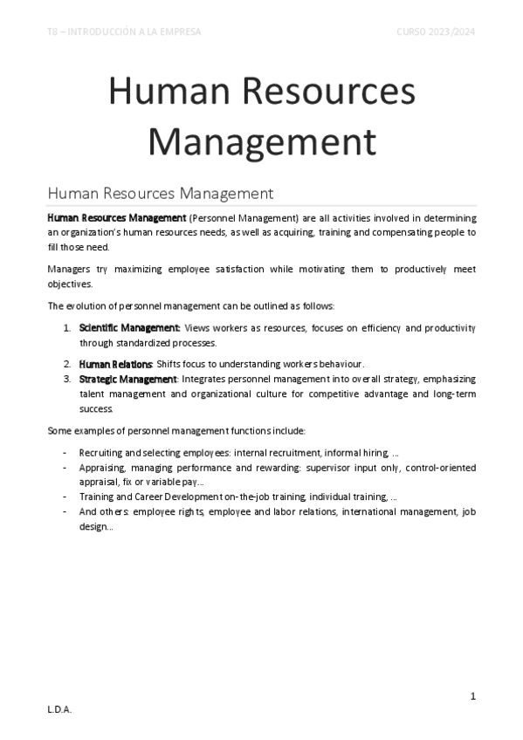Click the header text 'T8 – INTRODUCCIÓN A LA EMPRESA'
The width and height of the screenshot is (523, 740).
[124, 32]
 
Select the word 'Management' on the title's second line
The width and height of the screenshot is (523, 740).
[261, 141]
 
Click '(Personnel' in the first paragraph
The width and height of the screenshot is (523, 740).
[214, 217]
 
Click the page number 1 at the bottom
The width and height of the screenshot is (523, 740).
[472, 695]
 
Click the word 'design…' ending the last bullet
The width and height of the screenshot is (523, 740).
[96, 527]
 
